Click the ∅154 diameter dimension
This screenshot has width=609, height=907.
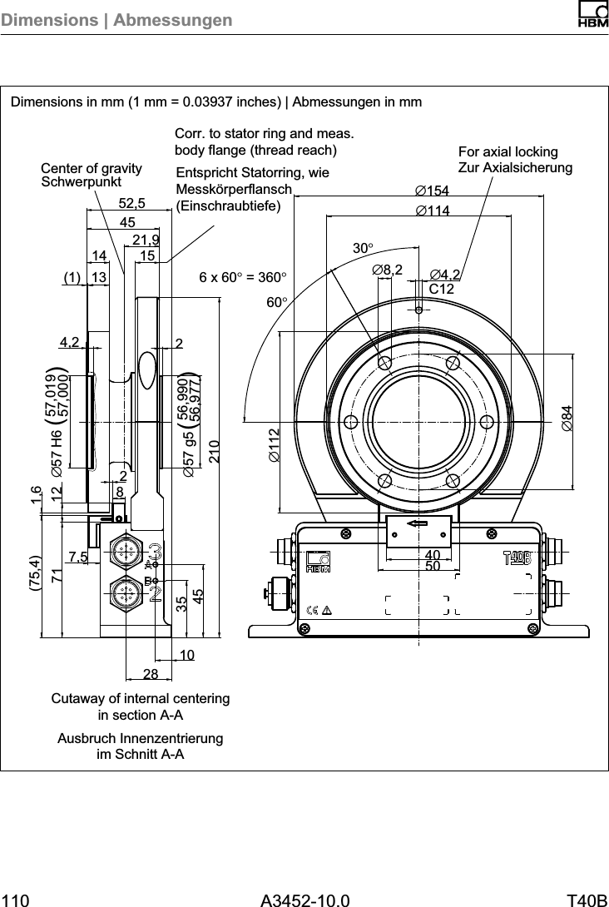coord(432,193)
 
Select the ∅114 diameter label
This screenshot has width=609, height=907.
coord(432,211)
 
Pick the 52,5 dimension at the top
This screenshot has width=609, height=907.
coord(131,203)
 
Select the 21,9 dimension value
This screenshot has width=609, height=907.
coord(146,240)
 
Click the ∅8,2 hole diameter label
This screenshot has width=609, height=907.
coord(387,270)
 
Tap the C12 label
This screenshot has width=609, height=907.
coord(442,289)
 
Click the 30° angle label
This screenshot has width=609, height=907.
coord(363,248)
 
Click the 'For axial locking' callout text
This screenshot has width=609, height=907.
coord(508,153)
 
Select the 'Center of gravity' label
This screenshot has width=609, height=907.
coord(92,169)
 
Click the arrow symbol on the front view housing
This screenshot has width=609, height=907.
coord(418,524)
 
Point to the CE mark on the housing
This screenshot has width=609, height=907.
coord(313,609)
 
